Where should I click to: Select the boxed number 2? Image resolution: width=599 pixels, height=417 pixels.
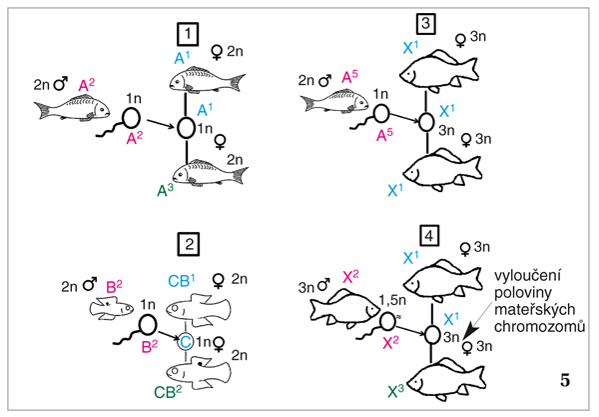point(187,243)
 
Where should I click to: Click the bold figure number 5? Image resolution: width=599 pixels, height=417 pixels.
point(566,380)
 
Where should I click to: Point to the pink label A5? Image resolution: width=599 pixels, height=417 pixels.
point(352,76)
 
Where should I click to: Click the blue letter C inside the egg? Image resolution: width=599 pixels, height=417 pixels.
point(185,340)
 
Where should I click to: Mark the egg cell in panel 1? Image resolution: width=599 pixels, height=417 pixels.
point(187,128)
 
